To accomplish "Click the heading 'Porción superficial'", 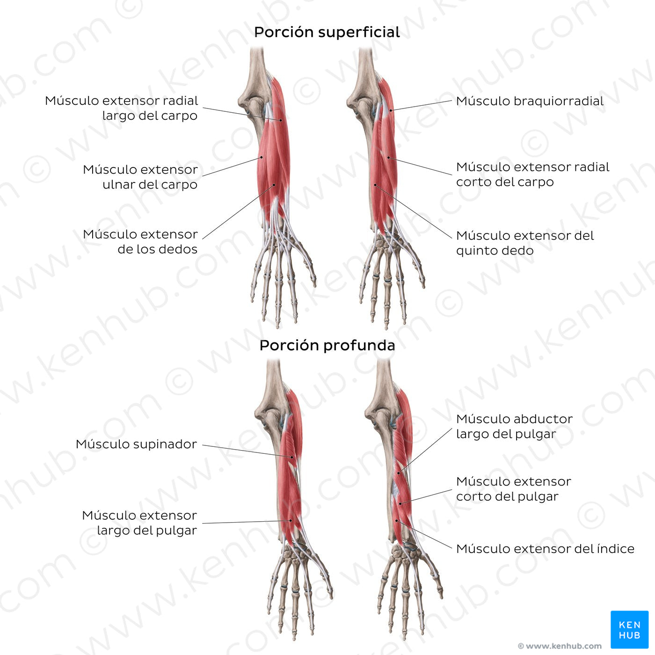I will (x=327, y=32).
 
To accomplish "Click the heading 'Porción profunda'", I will (x=327, y=346).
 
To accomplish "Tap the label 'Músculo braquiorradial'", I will (x=530, y=101).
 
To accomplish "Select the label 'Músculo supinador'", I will (x=136, y=444).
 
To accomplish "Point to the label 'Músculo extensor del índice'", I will (x=545, y=549).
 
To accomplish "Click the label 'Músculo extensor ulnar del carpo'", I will (x=140, y=177).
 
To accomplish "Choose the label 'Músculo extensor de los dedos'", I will (x=140, y=241).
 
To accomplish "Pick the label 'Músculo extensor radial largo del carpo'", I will (x=122, y=108).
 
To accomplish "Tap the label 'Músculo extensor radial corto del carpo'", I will (x=532, y=175).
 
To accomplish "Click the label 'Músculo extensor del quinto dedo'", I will (x=524, y=243).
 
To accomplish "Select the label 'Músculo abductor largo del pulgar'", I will (x=514, y=426).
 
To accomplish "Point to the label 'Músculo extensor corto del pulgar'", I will (x=513, y=489).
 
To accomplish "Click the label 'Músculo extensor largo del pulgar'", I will (x=139, y=523).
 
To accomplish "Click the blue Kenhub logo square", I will (x=629, y=629).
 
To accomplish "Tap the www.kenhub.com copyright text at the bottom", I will (x=560, y=646).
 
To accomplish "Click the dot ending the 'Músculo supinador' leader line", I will (x=292, y=457).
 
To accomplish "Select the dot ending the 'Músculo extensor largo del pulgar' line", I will (x=291, y=520).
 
